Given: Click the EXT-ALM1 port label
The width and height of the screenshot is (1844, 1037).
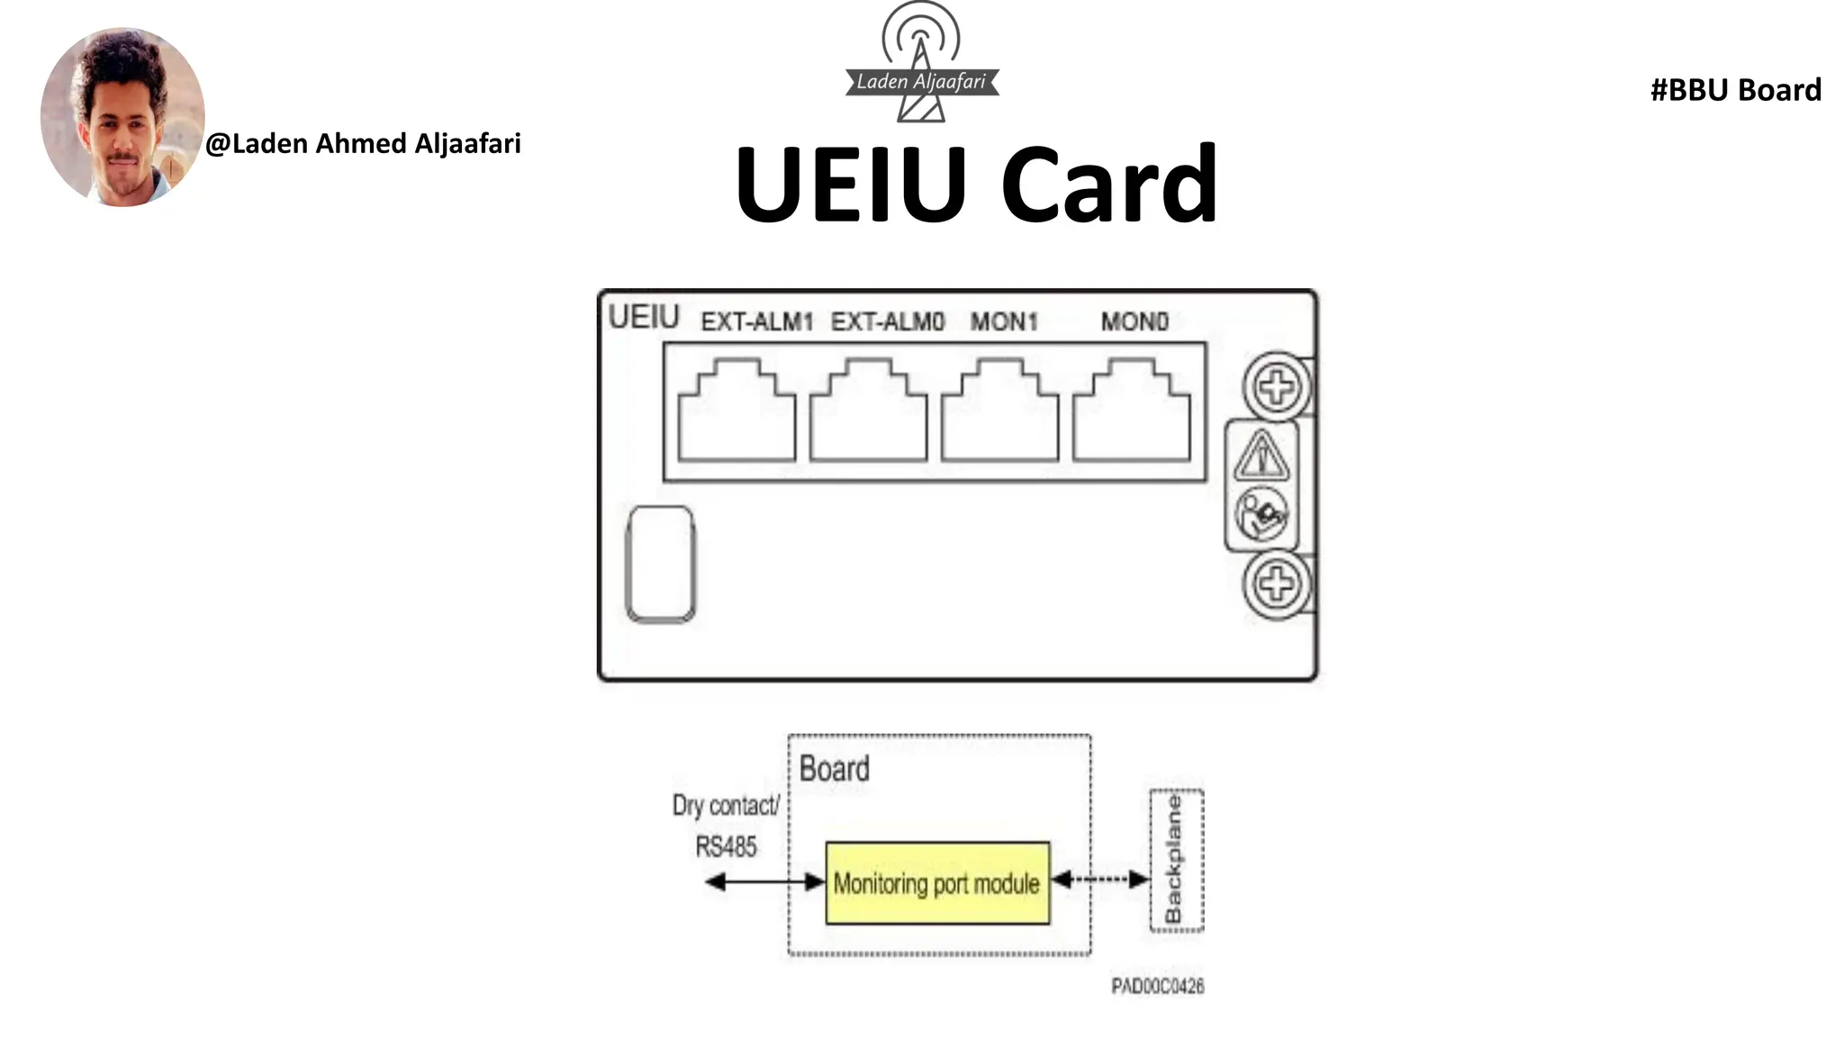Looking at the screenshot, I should pos(756,321).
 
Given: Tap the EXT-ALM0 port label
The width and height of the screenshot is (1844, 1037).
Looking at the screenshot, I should pos(887,321).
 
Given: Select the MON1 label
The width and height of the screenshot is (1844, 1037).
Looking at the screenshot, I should pos(1003,321).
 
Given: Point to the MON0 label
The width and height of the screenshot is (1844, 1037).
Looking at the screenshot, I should pos(1134,321).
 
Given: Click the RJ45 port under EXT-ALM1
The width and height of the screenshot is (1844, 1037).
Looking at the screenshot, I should pos(737,414).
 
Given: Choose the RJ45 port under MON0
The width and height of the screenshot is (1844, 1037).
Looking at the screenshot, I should pos(1131,414).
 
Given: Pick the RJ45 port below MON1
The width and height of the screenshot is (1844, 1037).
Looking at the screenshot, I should pos(999,414).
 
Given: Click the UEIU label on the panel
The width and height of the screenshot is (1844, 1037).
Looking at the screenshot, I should pos(643,317).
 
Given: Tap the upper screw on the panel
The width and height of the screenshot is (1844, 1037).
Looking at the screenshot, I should pos(1277,388).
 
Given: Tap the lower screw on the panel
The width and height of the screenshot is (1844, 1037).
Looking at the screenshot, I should pos(1277,584).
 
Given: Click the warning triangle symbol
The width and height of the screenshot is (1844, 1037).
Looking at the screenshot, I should pos(1261,455).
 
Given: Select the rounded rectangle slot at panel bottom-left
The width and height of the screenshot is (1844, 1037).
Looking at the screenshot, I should pos(660,564).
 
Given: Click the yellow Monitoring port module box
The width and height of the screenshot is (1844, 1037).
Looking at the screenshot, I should pos(937,883).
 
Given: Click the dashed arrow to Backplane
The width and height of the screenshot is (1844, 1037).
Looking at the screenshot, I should pos(1100,879).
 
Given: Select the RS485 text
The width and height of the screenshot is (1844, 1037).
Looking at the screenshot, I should pos(726,846).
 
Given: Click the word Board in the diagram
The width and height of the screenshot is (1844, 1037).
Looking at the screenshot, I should pos(834,769).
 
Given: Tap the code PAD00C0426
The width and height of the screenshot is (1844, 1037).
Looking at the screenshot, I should pos(1157,986).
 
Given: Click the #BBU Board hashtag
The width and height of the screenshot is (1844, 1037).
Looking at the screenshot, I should pos(1735,90).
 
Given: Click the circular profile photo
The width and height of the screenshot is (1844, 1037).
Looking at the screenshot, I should pos(122,117).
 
